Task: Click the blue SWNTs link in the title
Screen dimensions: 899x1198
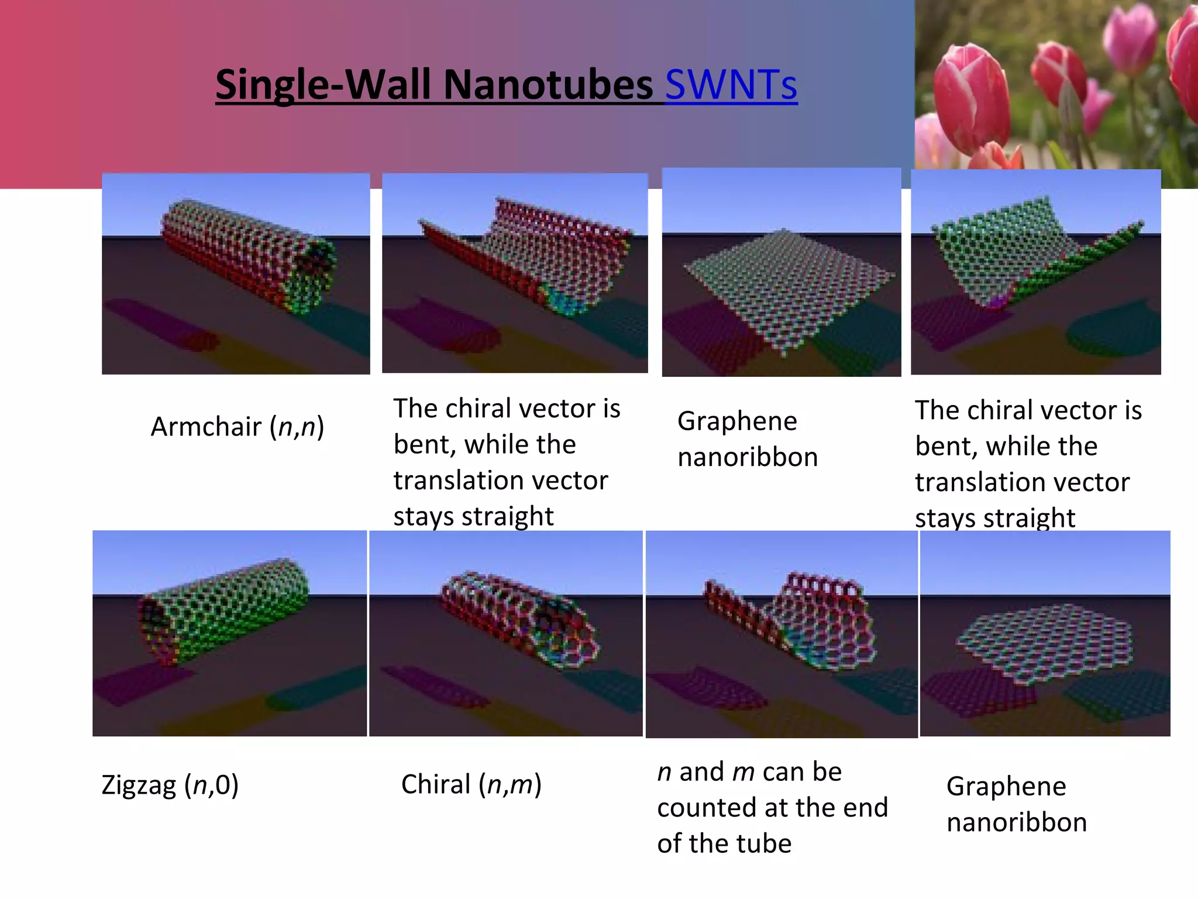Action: click(731, 85)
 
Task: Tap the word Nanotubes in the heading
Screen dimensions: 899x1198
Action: click(548, 85)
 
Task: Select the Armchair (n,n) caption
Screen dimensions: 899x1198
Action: click(237, 427)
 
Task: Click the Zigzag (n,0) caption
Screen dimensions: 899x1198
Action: click(170, 785)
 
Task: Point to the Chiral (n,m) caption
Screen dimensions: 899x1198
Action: click(471, 784)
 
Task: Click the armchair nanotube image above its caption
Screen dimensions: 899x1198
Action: click(236, 273)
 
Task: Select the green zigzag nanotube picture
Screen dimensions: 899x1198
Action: click(229, 633)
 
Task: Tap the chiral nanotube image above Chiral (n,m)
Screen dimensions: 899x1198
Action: click(506, 633)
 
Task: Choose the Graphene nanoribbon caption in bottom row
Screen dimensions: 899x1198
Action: click(1015, 804)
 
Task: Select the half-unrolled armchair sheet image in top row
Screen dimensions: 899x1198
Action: click(515, 273)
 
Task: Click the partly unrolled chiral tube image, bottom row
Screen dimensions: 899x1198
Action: click(782, 634)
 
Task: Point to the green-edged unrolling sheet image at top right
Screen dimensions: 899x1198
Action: click(1035, 272)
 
